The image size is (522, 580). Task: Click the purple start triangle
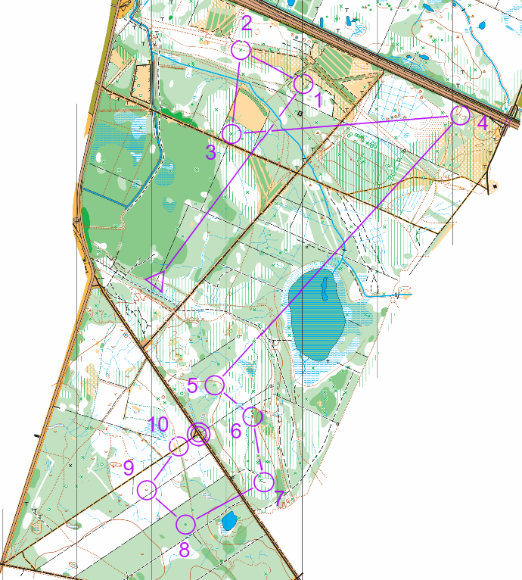[x=157, y=282]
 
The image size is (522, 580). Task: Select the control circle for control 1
[x=303, y=84]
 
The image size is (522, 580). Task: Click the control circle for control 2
[x=241, y=51]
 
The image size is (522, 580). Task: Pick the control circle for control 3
[x=233, y=134]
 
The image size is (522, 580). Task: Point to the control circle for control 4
[x=460, y=115]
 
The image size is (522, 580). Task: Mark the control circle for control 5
[x=216, y=385]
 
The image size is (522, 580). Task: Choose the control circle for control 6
[x=253, y=416]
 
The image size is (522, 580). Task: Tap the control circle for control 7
[x=264, y=482]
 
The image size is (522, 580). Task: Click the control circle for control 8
[x=186, y=523]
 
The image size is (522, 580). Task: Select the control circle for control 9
[x=147, y=490]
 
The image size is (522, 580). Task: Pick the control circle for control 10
[x=179, y=446]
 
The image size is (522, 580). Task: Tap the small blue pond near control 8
[x=228, y=522]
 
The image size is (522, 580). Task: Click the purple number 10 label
[x=158, y=424]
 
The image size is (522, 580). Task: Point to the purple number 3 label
[x=211, y=152]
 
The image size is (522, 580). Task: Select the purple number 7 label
[x=278, y=498]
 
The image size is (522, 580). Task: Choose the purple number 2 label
[x=246, y=24]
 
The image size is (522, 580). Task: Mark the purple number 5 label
[x=193, y=385]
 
